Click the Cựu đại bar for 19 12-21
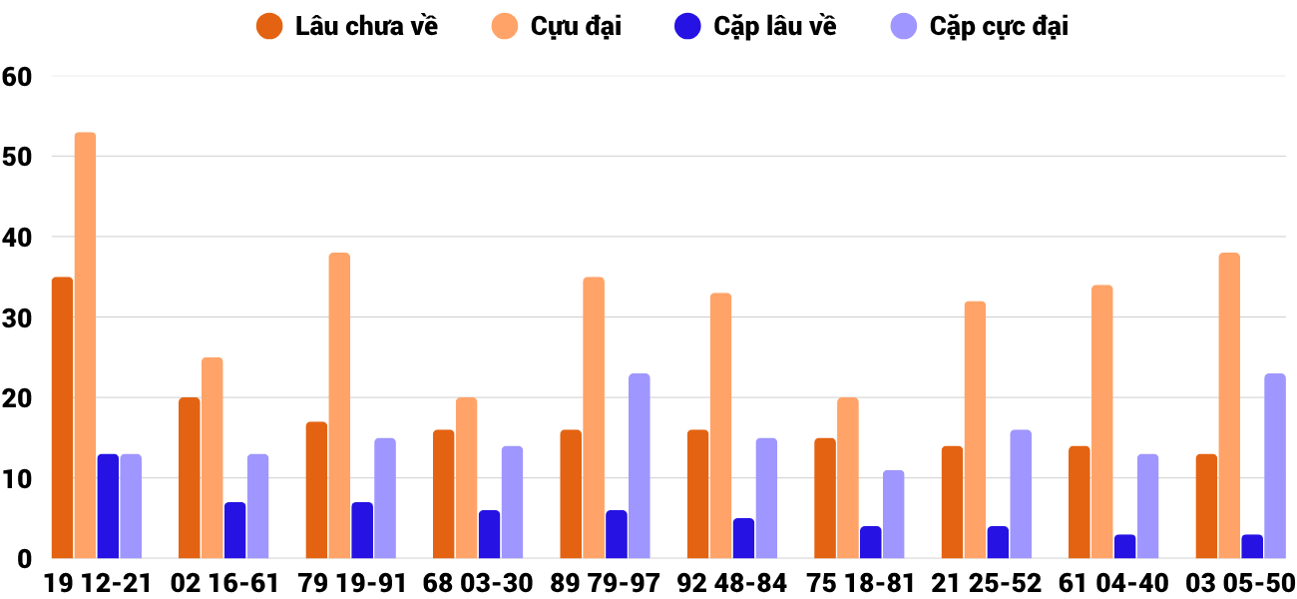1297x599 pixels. (x=86, y=345)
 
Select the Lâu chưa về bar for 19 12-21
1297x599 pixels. (x=63, y=417)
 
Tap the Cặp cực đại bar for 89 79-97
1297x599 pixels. (x=640, y=466)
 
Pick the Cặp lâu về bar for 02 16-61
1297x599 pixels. (x=235, y=530)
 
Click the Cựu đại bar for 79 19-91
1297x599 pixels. (x=339, y=405)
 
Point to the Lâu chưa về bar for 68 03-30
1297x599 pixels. (x=444, y=494)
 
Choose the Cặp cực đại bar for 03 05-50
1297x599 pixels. (x=1275, y=466)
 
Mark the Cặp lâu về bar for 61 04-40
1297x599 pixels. (x=1125, y=546)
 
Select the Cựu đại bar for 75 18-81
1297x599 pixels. (x=848, y=478)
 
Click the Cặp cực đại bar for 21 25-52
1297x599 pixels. (x=1021, y=494)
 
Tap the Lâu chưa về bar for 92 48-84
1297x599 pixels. (x=698, y=494)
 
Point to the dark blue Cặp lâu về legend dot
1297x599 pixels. (x=688, y=27)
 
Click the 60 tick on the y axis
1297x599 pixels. (x=17, y=77)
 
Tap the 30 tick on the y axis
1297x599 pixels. (x=17, y=318)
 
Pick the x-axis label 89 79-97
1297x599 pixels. (x=605, y=583)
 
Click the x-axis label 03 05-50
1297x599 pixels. (x=1240, y=583)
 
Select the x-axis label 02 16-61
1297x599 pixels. (x=223, y=583)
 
